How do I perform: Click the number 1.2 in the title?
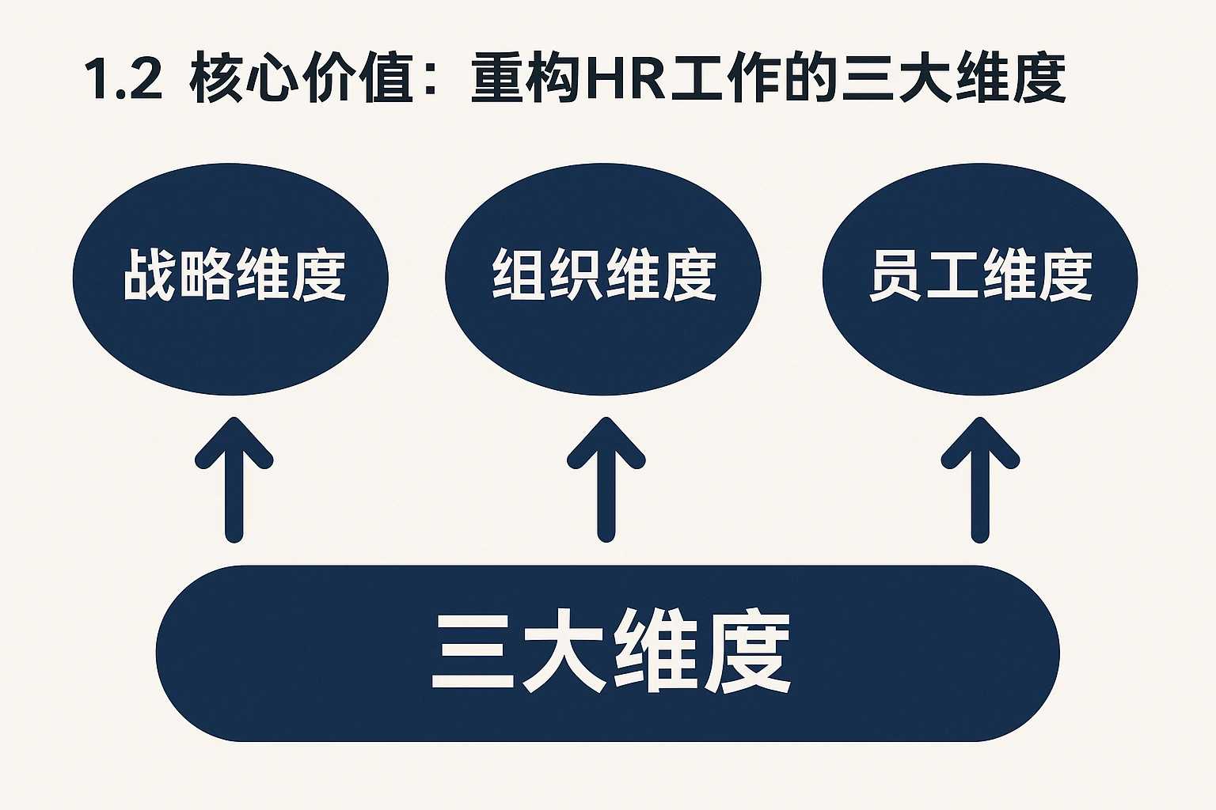(x=123, y=80)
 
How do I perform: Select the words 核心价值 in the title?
(x=301, y=80)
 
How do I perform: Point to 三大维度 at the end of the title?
(x=954, y=80)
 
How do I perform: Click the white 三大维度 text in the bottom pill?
(x=610, y=653)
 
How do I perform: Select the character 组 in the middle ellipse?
(x=519, y=275)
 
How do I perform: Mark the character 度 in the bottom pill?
(x=747, y=653)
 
